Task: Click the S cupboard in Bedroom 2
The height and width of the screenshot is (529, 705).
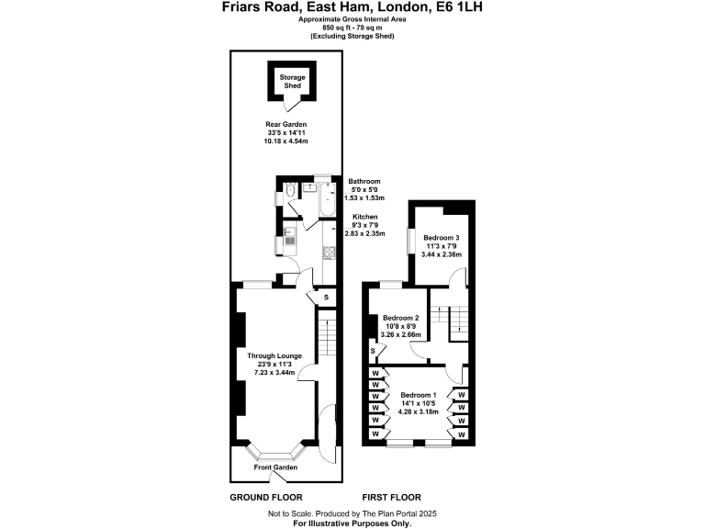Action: pyautogui.click(x=373, y=351)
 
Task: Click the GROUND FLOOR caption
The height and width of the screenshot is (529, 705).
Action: pyautogui.click(x=266, y=497)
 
